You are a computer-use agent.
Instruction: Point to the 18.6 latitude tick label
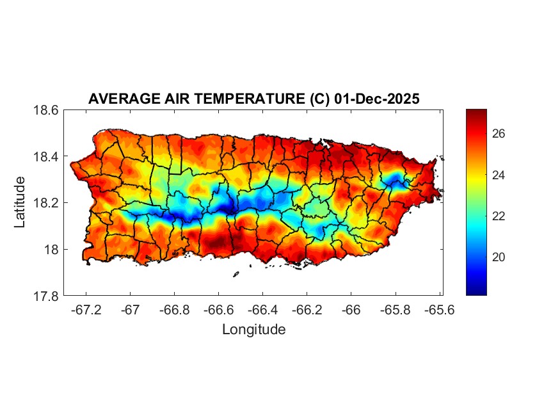(x=46, y=110)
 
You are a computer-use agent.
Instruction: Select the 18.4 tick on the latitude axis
(x=46, y=157)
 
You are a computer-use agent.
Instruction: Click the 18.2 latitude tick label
(x=46, y=203)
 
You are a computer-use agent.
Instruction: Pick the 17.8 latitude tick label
(x=46, y=296)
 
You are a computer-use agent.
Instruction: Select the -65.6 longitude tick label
(x=439, y=309)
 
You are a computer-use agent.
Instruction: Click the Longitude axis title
(x=253, y=330)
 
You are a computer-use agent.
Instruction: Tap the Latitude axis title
(x=20, y=202)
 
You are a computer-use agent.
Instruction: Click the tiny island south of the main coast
(x=236, y=274)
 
